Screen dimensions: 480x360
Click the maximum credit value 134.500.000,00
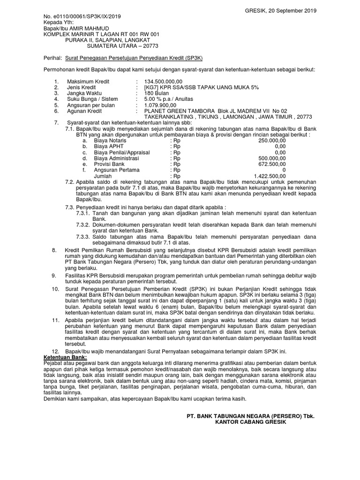(x=163, y=82)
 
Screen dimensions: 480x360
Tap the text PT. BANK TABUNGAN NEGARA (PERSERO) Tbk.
(x=250, y=416)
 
